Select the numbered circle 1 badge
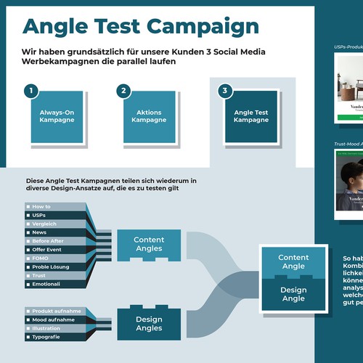click(x=30, y=91)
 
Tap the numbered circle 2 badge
click(x=124, y=91)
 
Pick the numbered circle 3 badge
click(x=225, y=91)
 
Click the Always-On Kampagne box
click(x=56, y=115)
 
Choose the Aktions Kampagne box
click(x=149, y=115)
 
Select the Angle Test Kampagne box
click(x=250, y=116)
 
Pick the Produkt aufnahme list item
click(x=55, y=311)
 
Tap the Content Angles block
click(x=149, y=245)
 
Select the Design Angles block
click(x=149, y=324)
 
